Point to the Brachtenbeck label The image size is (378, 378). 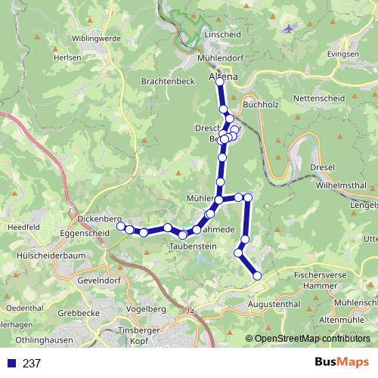(x=163, y=79)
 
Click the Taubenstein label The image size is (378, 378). (x=194, y=246)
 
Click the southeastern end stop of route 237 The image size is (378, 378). (x=257, y=277)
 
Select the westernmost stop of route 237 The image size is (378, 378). (x=120, y=225)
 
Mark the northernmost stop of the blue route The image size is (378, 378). (x=220, y=82)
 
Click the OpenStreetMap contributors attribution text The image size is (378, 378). (x=312, y=338)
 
